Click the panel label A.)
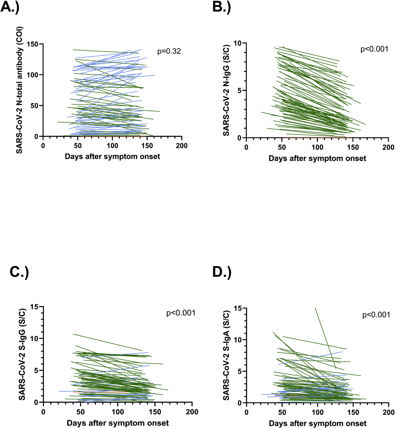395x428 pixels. point(10,7)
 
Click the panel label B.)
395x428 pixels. point(222,7)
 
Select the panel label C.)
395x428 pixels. point(19,272)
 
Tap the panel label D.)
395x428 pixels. point(222,272)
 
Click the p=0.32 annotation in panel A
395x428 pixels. point(169,51)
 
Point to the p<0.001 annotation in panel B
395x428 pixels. point(374,49)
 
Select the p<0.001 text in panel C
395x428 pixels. point(181,313)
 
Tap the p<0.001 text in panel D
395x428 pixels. point(376,315)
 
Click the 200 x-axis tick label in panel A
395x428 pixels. point(181,146)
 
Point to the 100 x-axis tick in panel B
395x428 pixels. point(317,147)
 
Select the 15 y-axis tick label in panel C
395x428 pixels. point(35,307)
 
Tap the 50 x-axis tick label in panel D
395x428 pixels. point(282,412)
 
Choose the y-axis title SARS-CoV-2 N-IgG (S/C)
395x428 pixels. point(226,90)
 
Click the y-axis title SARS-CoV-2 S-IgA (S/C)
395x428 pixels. point(226,355)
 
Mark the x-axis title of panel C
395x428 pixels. point(118,423)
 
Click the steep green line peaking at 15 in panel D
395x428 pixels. point(325,338)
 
